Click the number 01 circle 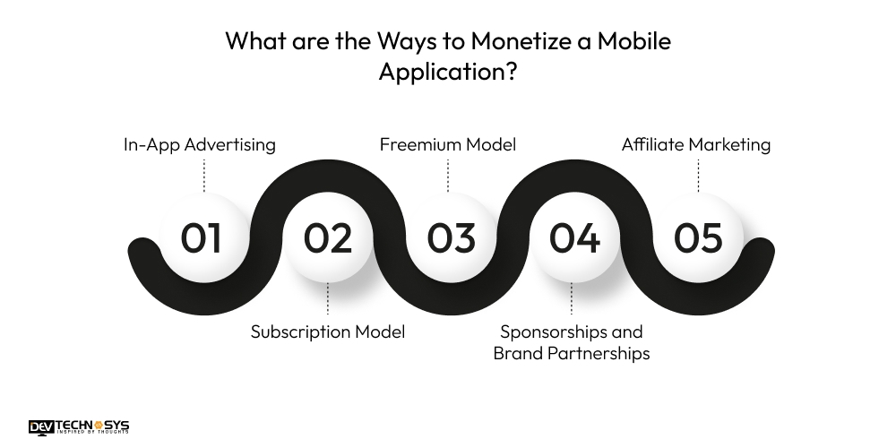[202, 238]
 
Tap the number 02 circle [327, 238]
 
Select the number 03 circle [450, 238]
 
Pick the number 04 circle [574, 238]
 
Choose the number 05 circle [698, 238]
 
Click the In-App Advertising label [199, 144]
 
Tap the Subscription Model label [327, 332]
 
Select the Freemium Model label [447, 144]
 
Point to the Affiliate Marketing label [696, 144]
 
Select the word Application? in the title [447, 73]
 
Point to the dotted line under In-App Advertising [204, 175]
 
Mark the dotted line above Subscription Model [327, 299]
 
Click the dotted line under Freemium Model [448, 175]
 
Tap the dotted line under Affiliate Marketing [698, 175]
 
